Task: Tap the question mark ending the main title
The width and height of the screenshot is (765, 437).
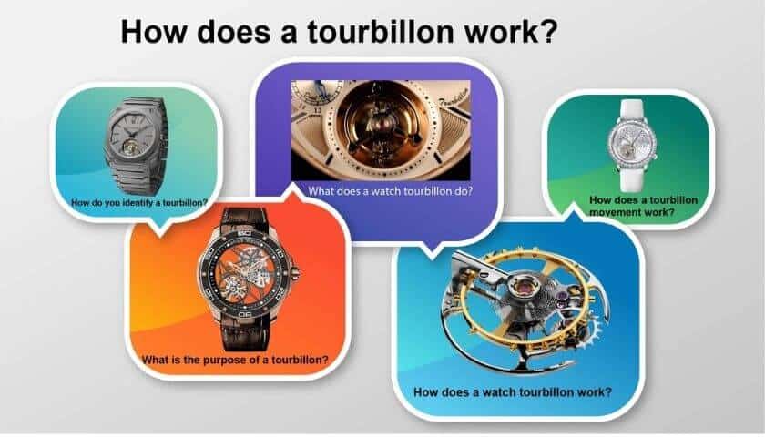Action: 548,31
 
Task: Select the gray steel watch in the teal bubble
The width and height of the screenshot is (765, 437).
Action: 136,146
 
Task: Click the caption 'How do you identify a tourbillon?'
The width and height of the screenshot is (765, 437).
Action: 139,203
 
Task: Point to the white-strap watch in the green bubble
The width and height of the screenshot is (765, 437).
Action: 632,146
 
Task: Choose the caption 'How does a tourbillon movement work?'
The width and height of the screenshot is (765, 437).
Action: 643,207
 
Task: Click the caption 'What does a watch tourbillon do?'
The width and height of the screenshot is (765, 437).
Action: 391,191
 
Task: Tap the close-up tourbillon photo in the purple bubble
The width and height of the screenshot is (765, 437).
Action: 381,130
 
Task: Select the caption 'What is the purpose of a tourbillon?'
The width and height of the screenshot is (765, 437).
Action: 235,361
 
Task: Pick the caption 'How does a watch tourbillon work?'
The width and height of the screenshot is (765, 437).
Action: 512,392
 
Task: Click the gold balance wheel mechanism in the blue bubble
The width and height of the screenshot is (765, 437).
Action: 525,309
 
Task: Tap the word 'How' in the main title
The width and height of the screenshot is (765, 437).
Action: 154,31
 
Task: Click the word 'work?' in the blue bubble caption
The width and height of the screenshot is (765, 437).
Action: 594,392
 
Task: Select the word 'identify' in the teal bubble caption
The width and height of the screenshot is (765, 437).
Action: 138,203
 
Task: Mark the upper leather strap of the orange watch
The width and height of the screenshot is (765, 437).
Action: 244,220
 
